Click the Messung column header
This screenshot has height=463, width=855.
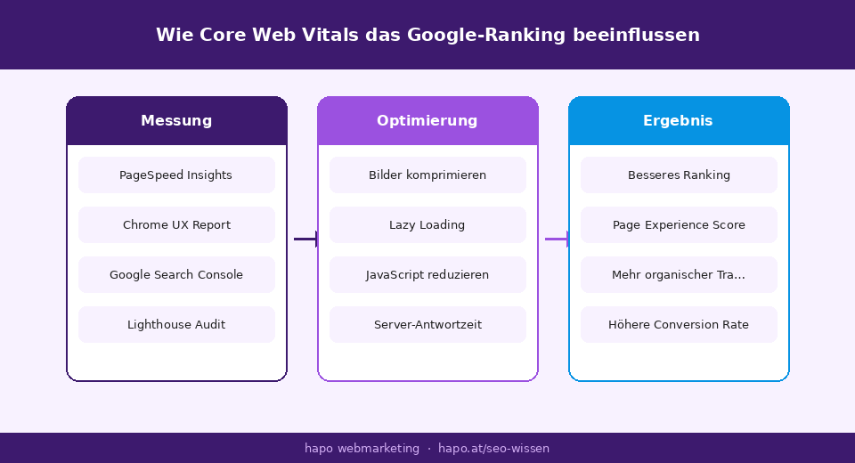pos(176,121)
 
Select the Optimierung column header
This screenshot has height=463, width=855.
pos(427,121)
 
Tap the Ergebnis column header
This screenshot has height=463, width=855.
pos(679,121)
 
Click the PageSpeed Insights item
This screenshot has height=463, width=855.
pos(176,175)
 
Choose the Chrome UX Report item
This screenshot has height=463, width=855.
pos(176,225)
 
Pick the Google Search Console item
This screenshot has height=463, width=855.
pos(176,275)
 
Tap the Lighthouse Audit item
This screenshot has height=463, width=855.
pos(176,325)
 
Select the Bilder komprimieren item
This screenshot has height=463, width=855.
pos(427,175)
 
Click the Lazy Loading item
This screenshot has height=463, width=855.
pos(427,225)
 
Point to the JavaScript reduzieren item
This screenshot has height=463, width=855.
pos(427,275)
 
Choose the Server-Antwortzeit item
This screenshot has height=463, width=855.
pos(427,325)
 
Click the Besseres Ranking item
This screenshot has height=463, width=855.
pos(679,175)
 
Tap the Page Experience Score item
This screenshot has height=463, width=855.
pos(679,225)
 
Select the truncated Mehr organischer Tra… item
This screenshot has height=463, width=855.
pos(679,275)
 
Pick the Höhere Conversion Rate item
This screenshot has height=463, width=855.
pos(679,325)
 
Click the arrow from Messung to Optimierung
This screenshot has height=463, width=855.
pos(305,239)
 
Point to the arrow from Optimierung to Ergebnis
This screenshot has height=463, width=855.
pos(557,239)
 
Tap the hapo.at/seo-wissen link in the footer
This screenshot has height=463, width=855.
pos(493,449)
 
